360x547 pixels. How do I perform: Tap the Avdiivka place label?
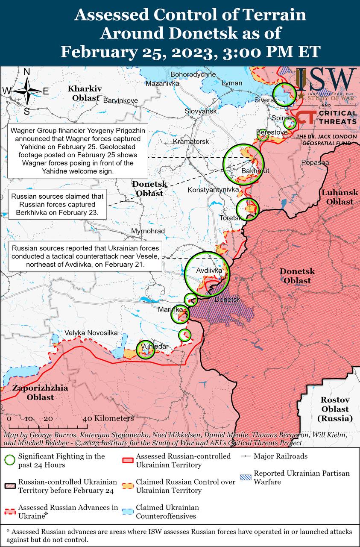point(209,271)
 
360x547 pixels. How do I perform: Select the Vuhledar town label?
point(155,346)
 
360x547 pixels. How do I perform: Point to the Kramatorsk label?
point(191,141)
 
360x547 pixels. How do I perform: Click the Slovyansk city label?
point(201,111)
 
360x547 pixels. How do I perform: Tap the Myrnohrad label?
point(148,231)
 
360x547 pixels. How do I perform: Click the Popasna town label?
point(315,162)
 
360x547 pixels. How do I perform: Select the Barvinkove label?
point(121,100)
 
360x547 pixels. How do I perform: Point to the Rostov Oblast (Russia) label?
point(335,409)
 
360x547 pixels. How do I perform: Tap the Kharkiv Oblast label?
point(85,93)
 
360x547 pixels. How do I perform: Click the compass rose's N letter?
point(26,72)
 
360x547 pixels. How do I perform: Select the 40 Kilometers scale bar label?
point(109,418)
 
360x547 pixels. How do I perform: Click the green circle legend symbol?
point(10,460)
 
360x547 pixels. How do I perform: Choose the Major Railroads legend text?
point(280,456)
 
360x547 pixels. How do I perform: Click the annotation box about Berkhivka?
point(57,204)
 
